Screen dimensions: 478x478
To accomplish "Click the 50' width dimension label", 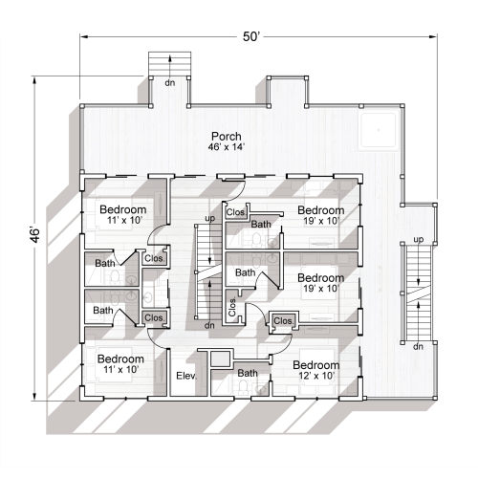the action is [251, 36].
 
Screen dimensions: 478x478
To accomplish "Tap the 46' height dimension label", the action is [35, 235].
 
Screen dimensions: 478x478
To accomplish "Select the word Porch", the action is [227, 137].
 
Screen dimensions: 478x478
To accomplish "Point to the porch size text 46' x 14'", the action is [227, 147].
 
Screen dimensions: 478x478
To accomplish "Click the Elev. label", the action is [186, 376].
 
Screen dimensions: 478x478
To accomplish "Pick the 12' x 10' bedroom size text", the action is [316, 376].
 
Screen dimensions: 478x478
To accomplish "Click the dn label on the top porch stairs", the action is [170, 83].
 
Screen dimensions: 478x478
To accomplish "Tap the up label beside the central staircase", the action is [209, 219].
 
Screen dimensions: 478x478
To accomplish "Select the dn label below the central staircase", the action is [209, 325].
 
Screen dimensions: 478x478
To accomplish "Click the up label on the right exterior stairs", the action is [419, 239].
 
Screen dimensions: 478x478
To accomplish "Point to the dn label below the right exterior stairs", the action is [418, 346].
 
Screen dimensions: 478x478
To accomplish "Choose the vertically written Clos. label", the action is [232, 307].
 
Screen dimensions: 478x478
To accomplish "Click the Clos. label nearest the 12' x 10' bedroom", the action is [283, 321].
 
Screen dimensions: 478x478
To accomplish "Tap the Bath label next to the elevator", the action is [248, 373].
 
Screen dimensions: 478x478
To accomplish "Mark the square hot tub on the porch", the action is [379, 130].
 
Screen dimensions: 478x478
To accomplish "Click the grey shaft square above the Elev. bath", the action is [220, 358].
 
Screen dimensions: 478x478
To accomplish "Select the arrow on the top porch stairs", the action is [170, 66].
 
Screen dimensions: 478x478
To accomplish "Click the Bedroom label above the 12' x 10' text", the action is [316, 365].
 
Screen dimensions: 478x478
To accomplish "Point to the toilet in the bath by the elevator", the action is [243, 387].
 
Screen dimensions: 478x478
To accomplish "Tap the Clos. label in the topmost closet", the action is [236, 212].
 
